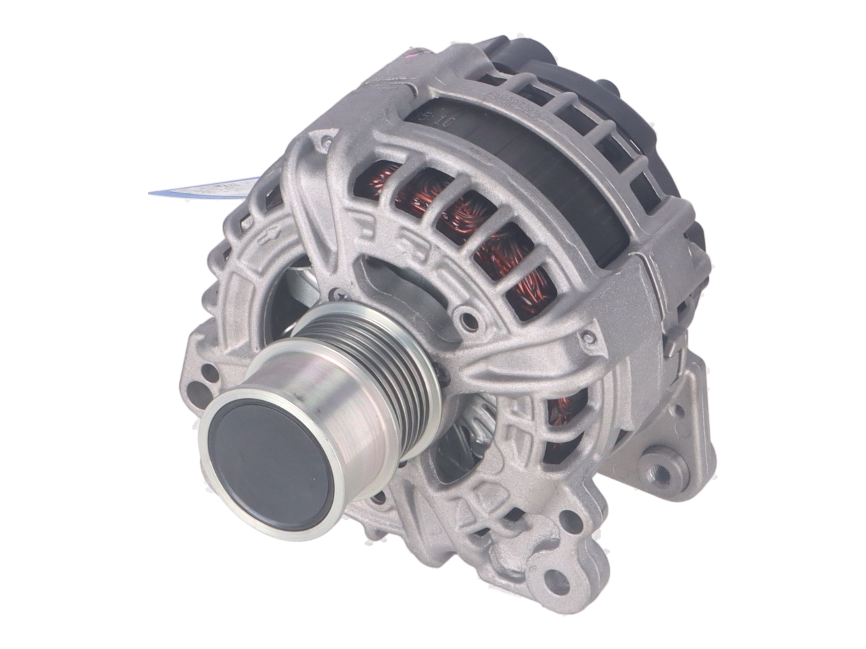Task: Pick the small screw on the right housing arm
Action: pyautogui.click(x=590, y=335)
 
